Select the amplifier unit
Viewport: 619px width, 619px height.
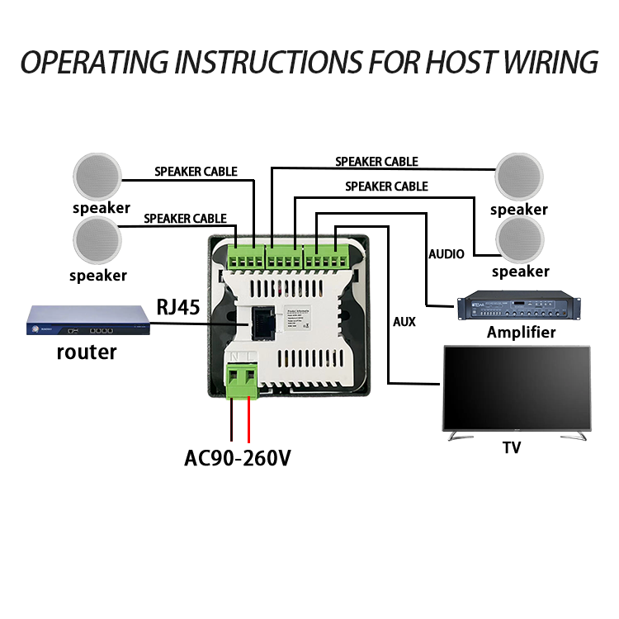[x=517, y=308]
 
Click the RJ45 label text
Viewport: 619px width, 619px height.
[x=178, y=308]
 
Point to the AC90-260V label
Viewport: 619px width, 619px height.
[x=238, y=457]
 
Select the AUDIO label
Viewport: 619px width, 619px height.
[x=446, y=254]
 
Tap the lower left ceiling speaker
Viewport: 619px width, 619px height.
[x=97, y=240]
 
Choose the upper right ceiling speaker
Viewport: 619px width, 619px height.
[x=519, y=176]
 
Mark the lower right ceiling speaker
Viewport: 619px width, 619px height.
[x=520, y=239]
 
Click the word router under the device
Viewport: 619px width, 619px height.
[x=87, y=352]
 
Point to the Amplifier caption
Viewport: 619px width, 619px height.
[x=521, y=333]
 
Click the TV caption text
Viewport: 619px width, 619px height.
[x=513, y=448]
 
